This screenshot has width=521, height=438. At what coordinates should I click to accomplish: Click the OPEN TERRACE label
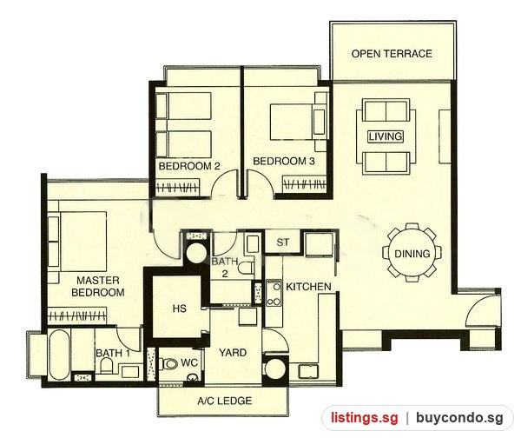pos(392,54)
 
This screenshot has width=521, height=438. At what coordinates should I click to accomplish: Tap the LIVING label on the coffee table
pos(386,136)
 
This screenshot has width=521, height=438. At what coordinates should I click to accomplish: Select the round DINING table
pos(412,254)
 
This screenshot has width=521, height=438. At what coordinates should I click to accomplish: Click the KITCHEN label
pos(308,286)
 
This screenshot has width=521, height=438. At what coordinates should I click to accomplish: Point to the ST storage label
pos(283,242)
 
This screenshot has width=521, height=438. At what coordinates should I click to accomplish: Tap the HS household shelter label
pos(180,309)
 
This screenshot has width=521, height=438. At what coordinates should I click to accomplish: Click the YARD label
pos(233,352)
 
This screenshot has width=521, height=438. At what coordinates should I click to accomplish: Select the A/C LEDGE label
pos(225,401)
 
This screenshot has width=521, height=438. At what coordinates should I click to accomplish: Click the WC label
pos(189,362)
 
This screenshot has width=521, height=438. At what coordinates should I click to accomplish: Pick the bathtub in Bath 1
pos(59,355)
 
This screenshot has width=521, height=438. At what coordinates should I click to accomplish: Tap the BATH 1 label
pos(113,353)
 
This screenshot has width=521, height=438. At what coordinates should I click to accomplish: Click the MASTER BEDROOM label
pos(98,286)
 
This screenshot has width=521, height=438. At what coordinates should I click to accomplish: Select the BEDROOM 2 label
pos(189,166)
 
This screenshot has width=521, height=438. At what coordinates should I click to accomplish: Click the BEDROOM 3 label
pos(284,161)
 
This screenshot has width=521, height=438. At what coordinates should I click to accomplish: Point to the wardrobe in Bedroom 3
pos(304,184)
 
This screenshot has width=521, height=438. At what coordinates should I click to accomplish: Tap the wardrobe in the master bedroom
pos(76,315)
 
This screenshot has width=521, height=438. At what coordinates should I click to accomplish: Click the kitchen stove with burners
pos(274,293)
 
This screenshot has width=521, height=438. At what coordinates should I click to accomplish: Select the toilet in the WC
pos(168,364)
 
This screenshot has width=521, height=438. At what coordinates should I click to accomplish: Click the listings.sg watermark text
pos(364,418)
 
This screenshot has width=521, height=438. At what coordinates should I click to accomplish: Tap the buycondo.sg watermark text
pos(460,418)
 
